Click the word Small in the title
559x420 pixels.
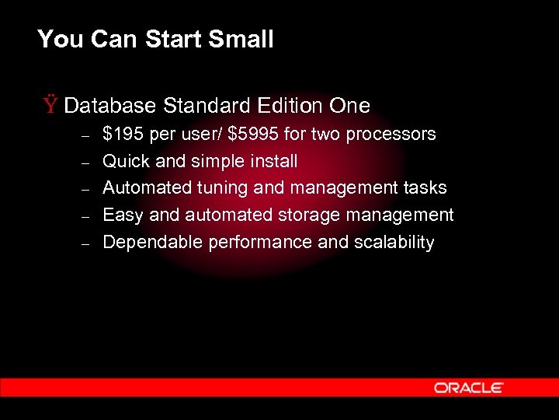tap(242, 39)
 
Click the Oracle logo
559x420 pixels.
tap(469, 387)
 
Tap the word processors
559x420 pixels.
tap(391, 135)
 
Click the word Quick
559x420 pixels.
tap(126, 162)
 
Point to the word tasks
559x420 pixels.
tap(425, 188)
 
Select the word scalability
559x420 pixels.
tap(394, 243)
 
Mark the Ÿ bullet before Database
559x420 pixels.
tap(50, 105)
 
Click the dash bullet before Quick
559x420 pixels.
tap(86, 163)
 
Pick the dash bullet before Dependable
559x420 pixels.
tap(86, 243)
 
